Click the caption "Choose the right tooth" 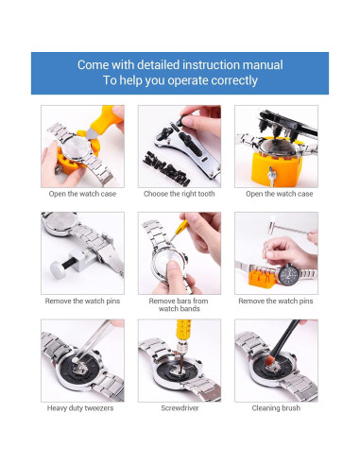click(180, 194)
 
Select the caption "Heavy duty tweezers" click(80, 408)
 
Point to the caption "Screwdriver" click(180, 408)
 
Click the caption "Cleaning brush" click(276, 408)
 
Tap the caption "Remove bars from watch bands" click(179, 304)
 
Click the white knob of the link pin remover click(58, 270)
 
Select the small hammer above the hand click(287, 228)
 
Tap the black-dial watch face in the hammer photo click(289, 274)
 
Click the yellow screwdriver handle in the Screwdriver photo click(183, 330)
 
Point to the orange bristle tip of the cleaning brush click(269, 360)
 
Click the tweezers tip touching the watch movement click(76, 360)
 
